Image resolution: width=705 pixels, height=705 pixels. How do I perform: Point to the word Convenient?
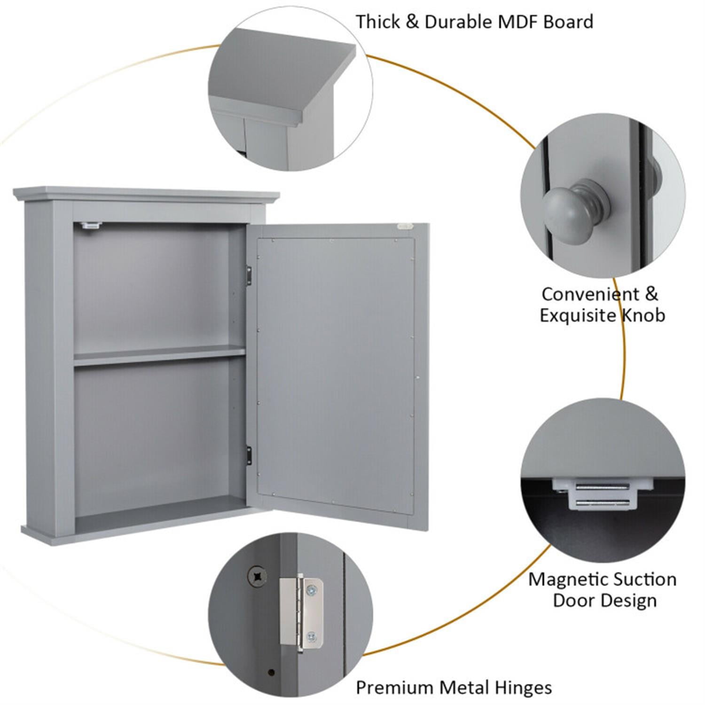(590, 294)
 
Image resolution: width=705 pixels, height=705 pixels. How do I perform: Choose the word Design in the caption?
(630, 601)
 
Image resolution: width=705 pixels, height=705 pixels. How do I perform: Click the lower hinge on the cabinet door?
(249, 454)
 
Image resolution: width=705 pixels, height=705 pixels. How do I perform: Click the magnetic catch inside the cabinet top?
(91, 225)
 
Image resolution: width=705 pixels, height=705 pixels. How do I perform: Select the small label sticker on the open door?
(403, 227)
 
